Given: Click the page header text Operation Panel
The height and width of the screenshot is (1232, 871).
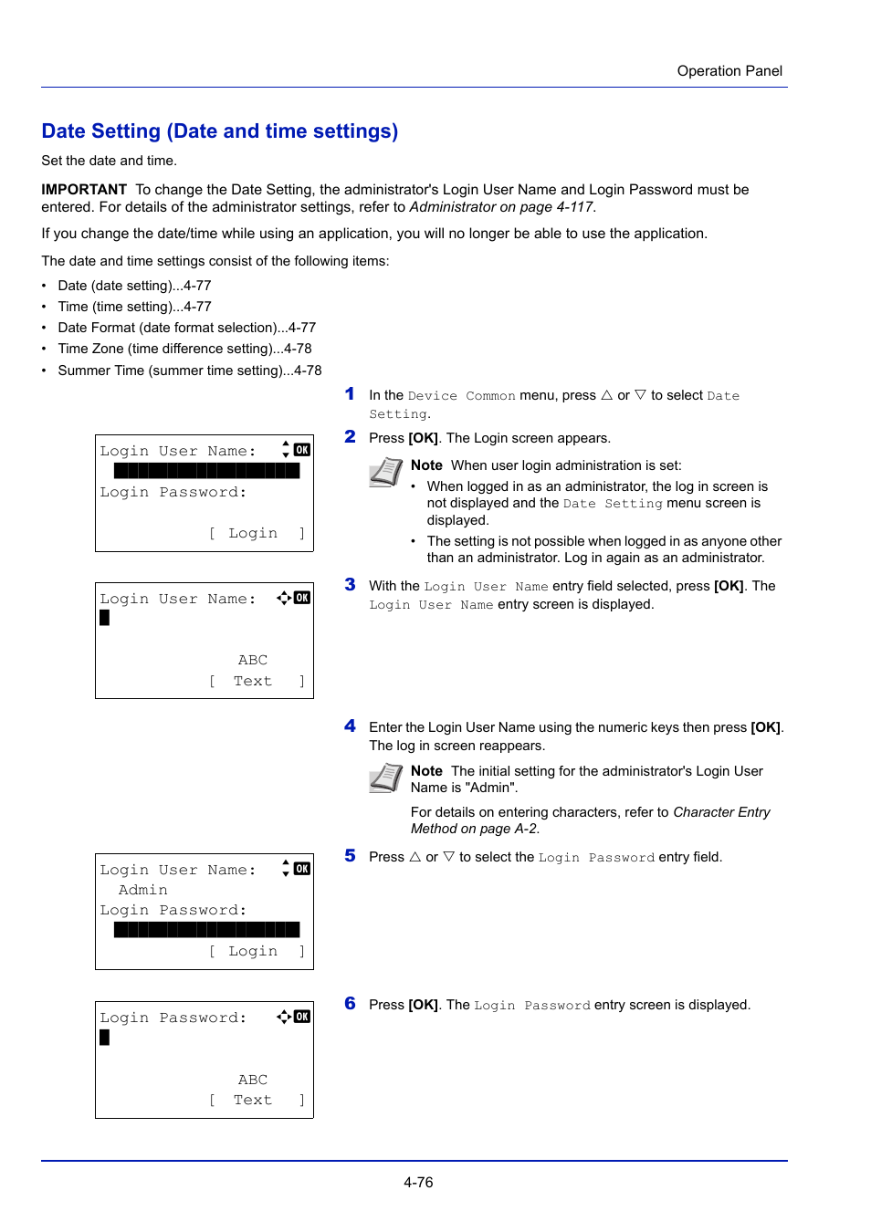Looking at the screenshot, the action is coord(729,71).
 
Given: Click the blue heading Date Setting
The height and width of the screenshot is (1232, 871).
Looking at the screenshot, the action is coord(219,131).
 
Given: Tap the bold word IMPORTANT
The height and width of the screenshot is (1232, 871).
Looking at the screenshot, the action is coord(84,189).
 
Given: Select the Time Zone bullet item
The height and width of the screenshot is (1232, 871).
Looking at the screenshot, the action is coord(184,349).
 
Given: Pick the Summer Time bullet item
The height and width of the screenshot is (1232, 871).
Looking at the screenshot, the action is coord(189,371).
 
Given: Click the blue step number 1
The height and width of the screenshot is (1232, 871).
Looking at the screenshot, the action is coord(350,394).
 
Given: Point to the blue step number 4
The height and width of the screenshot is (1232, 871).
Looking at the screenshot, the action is coord(350,726).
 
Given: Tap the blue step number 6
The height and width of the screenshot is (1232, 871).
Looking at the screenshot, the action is coord(350,1003).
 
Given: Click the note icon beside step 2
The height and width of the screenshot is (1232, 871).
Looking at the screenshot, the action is coord(385,472).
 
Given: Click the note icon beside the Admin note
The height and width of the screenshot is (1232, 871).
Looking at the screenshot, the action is coord(385,778).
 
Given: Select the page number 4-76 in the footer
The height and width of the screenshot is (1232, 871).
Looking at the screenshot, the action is coord(418,1182).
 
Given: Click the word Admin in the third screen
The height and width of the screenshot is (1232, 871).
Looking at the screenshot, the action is coord(143,890).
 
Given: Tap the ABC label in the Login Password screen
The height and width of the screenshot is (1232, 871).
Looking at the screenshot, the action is coord(253,1079).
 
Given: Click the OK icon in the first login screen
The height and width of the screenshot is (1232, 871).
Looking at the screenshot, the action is coord(302,449).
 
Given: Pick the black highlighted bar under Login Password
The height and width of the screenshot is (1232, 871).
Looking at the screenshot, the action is coord(207,930).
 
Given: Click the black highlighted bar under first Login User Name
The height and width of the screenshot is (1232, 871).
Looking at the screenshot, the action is coord(207,471).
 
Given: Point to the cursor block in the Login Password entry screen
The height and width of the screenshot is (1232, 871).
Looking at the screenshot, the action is coord(105,1037).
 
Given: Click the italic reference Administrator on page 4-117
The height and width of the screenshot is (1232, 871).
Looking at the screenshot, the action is coord(501,207).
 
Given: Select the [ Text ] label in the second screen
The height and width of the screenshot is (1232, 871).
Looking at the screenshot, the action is coord(257,681).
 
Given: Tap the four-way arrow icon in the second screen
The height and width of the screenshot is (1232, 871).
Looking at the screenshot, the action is coord(284,598).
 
